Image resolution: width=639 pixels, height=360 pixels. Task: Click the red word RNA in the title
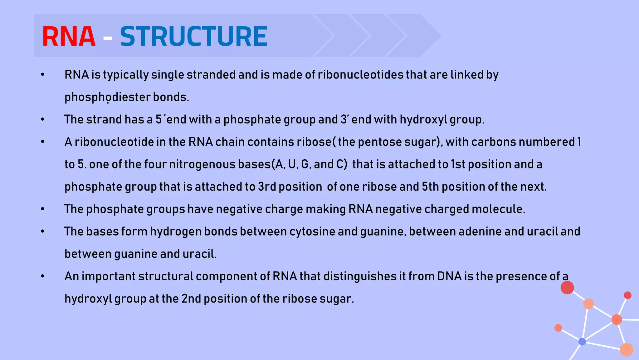tap(69, 37)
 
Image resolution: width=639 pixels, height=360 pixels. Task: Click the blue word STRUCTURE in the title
tap(193, 37)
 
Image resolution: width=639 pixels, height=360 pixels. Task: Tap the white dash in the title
tap(108, 38)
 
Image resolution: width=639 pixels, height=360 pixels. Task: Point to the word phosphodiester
tap(107, 97)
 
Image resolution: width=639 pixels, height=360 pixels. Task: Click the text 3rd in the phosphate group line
tap(267, 187)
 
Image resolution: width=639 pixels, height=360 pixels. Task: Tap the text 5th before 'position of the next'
tap(430, 187)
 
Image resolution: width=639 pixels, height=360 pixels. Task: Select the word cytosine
tap(312, 232)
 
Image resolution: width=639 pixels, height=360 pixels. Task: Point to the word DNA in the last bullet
tap(449, 276)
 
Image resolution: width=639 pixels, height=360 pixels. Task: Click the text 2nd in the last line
tap(191, 299)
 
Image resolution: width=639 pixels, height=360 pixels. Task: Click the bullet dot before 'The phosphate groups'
tap(43, 209)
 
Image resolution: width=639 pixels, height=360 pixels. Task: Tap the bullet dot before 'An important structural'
tap(43, 276)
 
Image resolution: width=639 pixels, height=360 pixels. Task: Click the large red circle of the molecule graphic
tap(567, 287)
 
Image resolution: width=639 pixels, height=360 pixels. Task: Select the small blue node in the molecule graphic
tap(582, 342)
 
